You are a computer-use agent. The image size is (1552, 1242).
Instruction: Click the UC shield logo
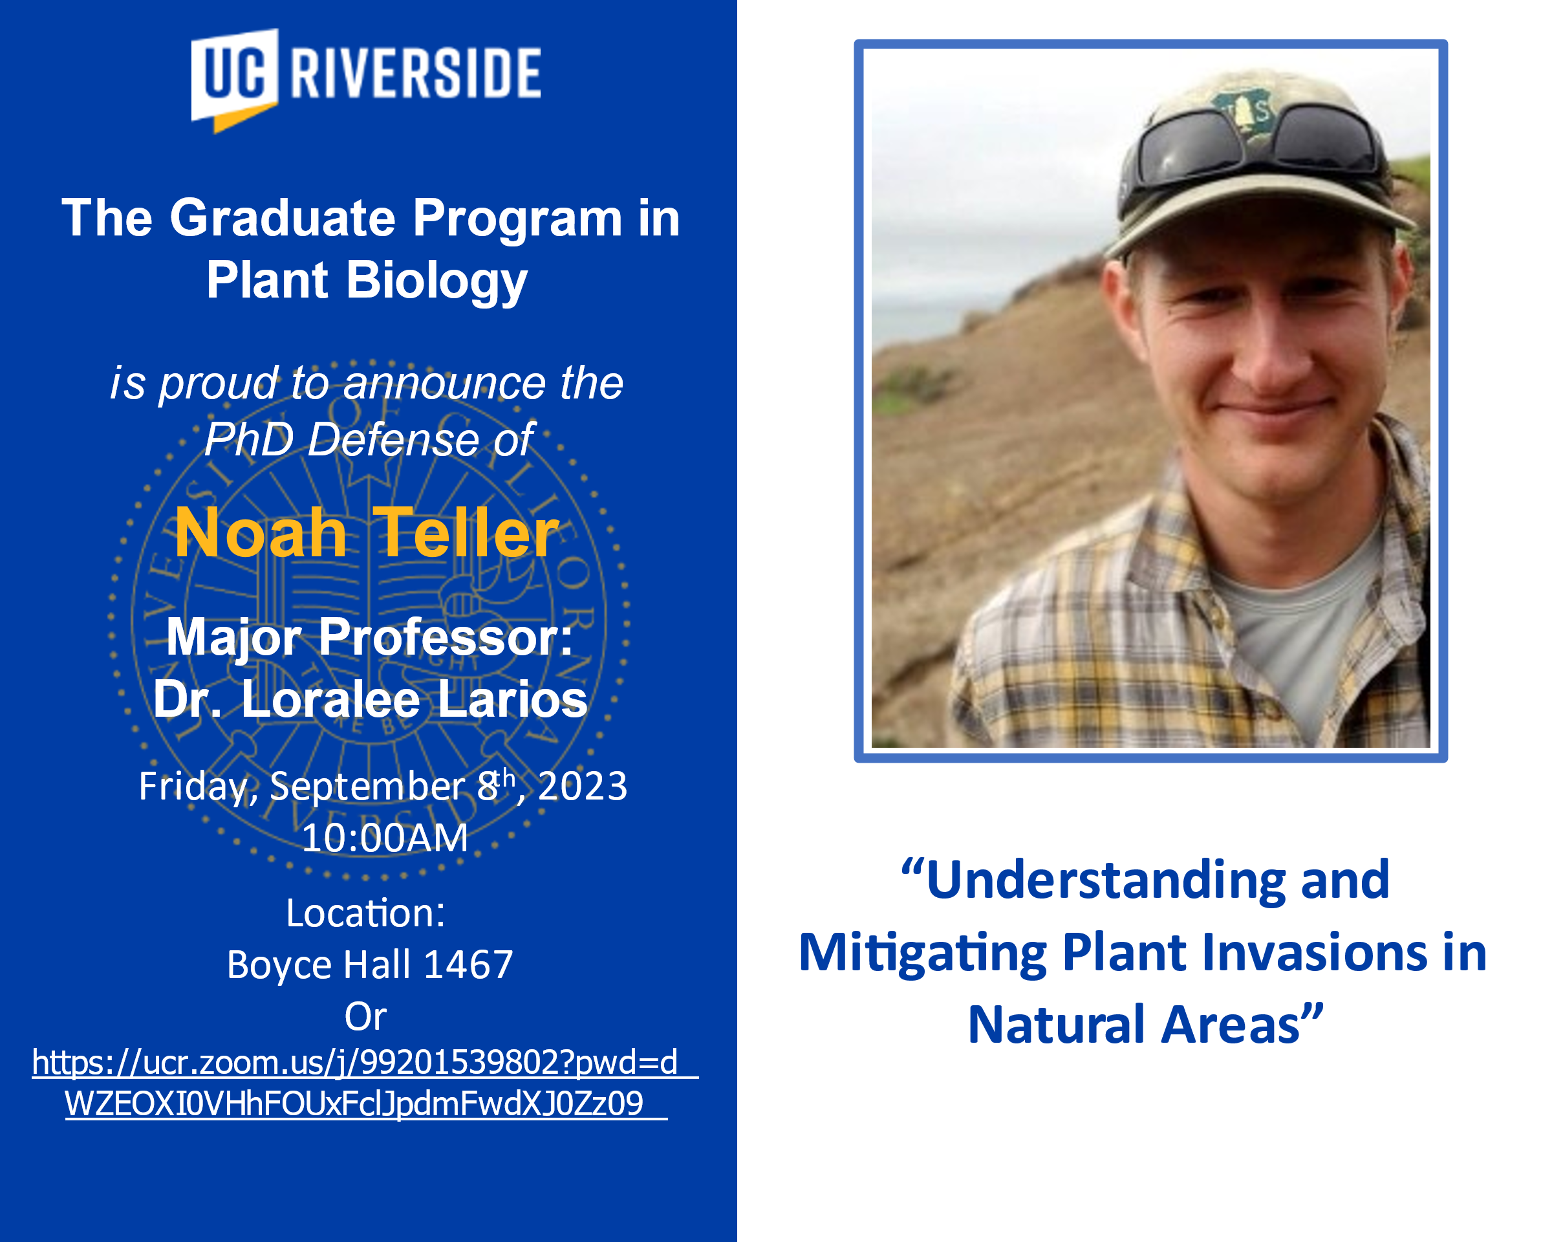coord(234,79)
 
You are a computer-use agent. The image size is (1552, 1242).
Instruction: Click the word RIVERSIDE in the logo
coord(415,72)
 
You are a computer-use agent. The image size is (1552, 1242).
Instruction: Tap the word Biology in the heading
coord(438,281)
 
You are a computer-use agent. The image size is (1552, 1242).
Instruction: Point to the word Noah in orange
coord(261,533)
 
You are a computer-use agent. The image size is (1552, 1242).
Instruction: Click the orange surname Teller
coord(466,533)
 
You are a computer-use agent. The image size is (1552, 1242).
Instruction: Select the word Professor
coord(446,637)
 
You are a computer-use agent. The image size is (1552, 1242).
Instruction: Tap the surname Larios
coord(513,699)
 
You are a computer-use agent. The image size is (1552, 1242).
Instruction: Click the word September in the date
coord(367,785)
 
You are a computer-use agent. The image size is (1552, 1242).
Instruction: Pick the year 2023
coord(583,785)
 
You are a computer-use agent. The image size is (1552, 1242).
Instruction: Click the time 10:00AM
coord(384,838)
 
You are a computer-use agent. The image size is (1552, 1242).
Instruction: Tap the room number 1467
coord(468,964)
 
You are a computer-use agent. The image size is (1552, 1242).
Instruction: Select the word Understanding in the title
coord(1106,880)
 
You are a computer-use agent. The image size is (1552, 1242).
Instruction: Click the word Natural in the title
coord(1058,1025)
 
